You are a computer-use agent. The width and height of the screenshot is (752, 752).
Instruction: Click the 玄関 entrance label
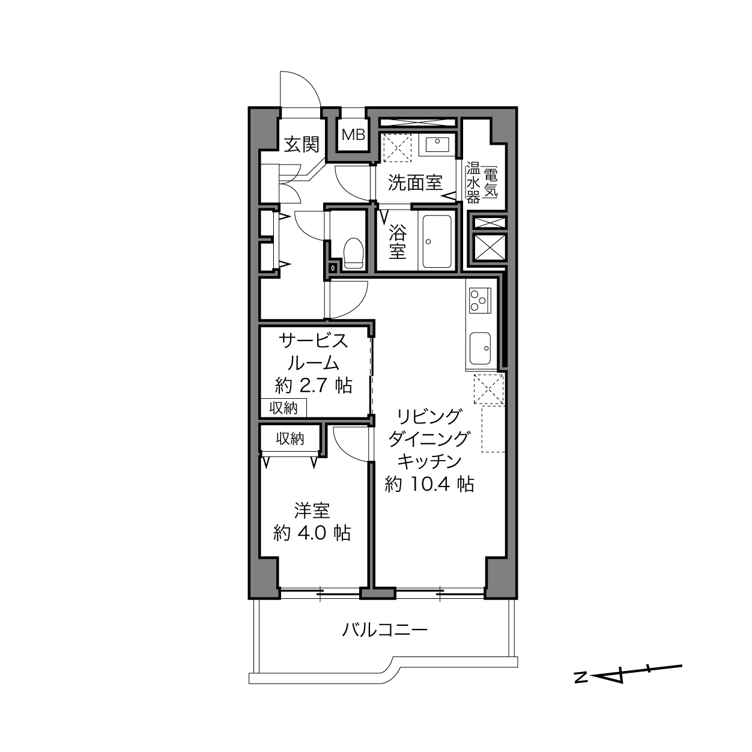pos(302,144)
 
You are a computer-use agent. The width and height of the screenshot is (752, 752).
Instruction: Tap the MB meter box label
pos(354,135)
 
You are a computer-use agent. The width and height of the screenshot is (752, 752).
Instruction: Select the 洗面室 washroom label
pos(415,183)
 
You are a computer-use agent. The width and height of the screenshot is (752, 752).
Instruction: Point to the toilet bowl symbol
pos(354,253)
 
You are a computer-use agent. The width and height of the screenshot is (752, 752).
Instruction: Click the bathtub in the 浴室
pos(437,241)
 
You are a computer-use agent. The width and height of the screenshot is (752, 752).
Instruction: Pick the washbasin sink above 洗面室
pos(437,144)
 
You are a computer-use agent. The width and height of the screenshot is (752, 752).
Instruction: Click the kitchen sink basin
pos(480,348)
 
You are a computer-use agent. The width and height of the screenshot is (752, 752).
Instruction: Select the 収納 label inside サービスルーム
pos(284,408)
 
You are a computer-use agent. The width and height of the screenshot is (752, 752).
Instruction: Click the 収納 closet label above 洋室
pos(290,439)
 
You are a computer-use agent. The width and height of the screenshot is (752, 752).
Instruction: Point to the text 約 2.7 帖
pos(314,386)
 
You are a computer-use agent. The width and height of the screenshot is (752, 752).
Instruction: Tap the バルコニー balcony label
pos(385,629)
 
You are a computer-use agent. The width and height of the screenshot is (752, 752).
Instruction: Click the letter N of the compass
pos(581,678)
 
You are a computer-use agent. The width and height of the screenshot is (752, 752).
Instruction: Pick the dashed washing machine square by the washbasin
pos(397,148)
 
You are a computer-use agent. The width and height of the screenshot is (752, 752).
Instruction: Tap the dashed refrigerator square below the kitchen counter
pos(489,388)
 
